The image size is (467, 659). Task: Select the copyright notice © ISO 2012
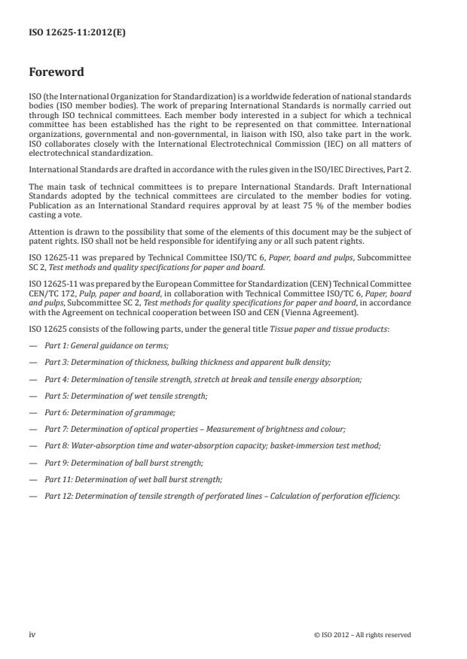(362, 635)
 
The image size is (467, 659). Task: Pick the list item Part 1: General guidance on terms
(106, 345)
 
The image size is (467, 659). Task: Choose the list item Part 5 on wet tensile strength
(126, 396)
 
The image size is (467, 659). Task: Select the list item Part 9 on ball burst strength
(124, 463)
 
